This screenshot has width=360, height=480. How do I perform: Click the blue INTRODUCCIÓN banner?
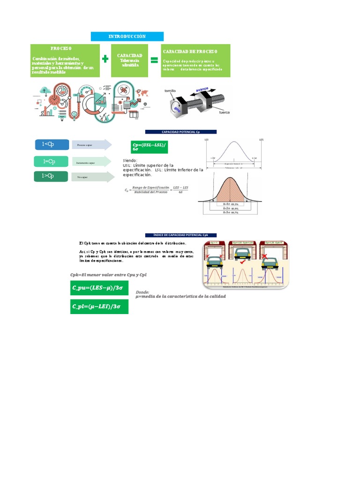coord(127,37)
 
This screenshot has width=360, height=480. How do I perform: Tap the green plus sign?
coord(105,59)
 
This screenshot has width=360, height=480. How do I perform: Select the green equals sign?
coord(154,60)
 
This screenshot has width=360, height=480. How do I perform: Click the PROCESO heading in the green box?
coord(61,48)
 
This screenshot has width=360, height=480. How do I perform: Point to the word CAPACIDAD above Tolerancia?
coord(129,56)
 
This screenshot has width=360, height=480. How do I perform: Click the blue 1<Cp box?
coord(52,144)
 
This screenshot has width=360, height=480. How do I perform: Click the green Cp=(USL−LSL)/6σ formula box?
coord(148,147)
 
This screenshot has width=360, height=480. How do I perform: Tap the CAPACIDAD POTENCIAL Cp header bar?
coord(181,132)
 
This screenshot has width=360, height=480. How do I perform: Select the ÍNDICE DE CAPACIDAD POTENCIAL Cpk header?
coord(181,235)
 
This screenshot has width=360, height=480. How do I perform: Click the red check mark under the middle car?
coord(242,262)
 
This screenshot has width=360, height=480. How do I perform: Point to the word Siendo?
coord(130,160)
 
